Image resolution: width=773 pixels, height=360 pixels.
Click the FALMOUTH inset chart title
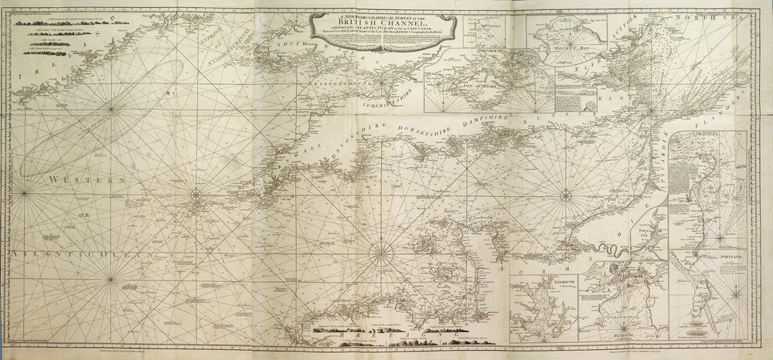(537, 284)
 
